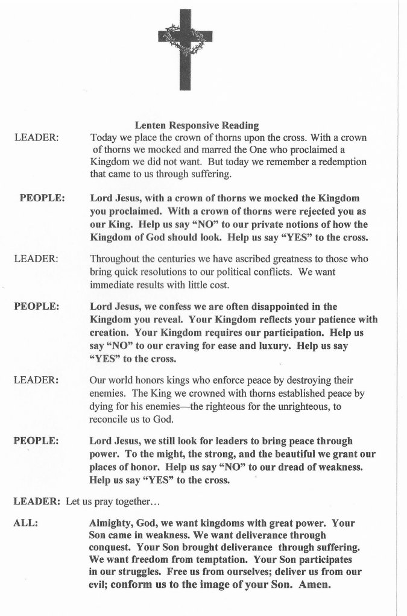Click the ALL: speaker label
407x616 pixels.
pyautogui.click(x=26, y=523)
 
